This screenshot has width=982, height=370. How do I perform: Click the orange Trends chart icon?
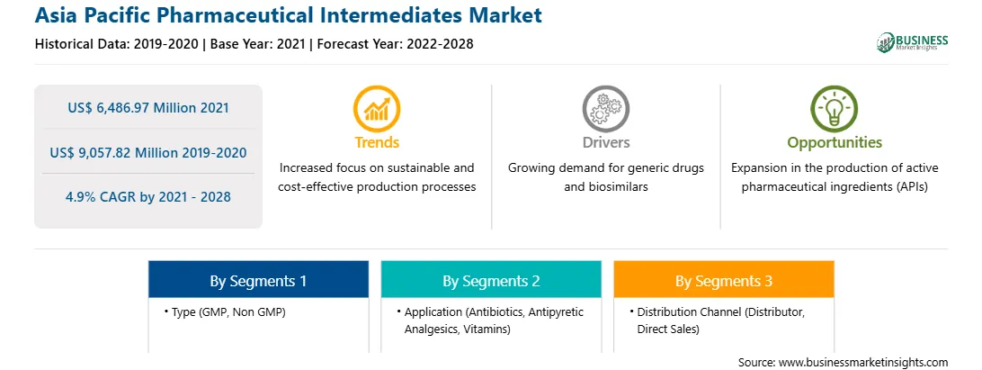(377, 108)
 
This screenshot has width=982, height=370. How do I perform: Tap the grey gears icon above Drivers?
(605, 108)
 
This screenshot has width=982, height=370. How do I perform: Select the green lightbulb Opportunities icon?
(835, 108)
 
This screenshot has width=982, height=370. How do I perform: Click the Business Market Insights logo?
(913, 42)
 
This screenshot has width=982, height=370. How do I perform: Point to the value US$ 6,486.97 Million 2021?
(148, 107)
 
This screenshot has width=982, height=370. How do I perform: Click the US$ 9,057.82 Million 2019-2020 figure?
(148, 152)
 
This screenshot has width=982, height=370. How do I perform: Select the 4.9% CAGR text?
(148, 197)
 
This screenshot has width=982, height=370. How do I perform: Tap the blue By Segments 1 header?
(259, 279)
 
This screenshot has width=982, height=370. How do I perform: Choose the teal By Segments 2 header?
(491, 279)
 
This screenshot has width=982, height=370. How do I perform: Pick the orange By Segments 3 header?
(724, 279)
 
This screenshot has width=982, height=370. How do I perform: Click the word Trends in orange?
(377, 142)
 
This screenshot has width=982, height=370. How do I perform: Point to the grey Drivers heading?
(605, 142)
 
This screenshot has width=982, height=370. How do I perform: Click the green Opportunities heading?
(835, 142)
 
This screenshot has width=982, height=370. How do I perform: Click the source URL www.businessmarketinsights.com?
(863, 362)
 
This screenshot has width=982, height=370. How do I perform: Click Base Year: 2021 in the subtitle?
(258, 44)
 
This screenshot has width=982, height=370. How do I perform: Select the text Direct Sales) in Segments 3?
(667, 329)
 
